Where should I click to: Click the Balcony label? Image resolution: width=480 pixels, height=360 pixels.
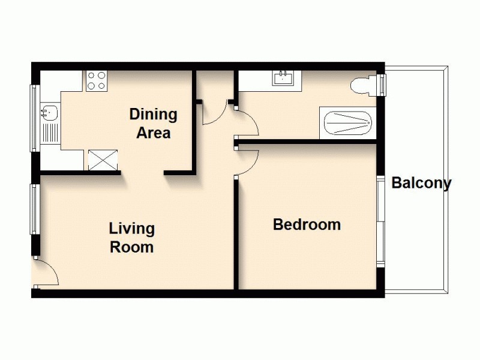422,183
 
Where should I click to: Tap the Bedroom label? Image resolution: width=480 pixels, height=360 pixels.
307,224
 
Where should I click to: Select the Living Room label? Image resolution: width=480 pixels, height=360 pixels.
132,238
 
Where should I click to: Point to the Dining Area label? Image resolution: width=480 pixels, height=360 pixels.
154,124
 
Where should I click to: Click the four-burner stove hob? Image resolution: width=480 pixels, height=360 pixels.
97,81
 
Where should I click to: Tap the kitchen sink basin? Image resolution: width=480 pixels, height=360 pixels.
49,112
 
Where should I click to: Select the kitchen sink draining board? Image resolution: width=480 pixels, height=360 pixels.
50,133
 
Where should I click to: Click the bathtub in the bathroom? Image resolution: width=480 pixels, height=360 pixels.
348,123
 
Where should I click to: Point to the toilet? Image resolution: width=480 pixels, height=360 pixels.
364,85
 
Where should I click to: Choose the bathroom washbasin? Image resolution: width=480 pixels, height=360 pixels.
283,78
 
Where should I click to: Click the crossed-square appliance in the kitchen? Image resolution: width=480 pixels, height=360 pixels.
103,160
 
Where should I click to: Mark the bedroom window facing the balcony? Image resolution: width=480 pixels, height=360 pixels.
380,222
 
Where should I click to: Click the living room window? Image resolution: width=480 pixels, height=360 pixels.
35,209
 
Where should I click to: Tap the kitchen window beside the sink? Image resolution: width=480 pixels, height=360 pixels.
35,118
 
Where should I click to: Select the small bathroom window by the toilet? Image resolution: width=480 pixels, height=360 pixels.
382,85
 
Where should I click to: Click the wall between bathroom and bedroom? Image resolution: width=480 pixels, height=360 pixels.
306,142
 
